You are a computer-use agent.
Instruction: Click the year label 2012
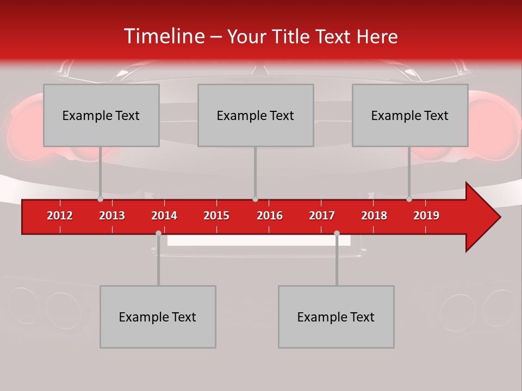click(60, 216)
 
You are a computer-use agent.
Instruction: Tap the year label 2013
click(112, 216)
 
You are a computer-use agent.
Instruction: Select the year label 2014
click(164, 216)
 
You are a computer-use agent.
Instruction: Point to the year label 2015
click(216, 216)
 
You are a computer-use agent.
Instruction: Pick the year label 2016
click(270, 216)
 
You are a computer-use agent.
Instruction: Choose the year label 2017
click(322, 216)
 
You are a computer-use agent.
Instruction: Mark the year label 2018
click(374, 216)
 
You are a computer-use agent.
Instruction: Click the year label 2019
click(426, 216)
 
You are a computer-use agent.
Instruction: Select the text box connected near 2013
click(101, 115)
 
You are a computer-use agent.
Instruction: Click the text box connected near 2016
click(256, 115)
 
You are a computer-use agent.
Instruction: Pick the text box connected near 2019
click(410, 115)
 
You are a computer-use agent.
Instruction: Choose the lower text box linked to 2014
click(158, 317)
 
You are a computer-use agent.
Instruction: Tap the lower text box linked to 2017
click(336, 317)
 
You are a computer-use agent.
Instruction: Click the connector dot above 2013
click(100, 199)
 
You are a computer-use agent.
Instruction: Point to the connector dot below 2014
click(158, 233)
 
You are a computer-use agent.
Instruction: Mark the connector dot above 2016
click(255, 199)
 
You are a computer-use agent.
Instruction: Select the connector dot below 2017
click(337, 233)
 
